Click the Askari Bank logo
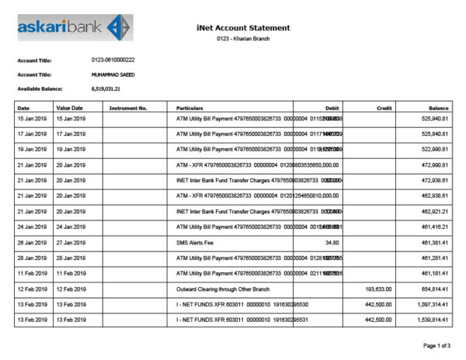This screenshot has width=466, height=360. coord(75,28)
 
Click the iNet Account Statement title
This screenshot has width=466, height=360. coord(244,28)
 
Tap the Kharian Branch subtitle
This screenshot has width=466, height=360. coord(243,39)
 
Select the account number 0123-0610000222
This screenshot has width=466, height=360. coord(113,60)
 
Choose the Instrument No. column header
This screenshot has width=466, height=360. coord(129,108)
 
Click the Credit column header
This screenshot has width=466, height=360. coord(384,108)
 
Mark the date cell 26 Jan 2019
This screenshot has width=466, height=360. coord(33,243)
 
